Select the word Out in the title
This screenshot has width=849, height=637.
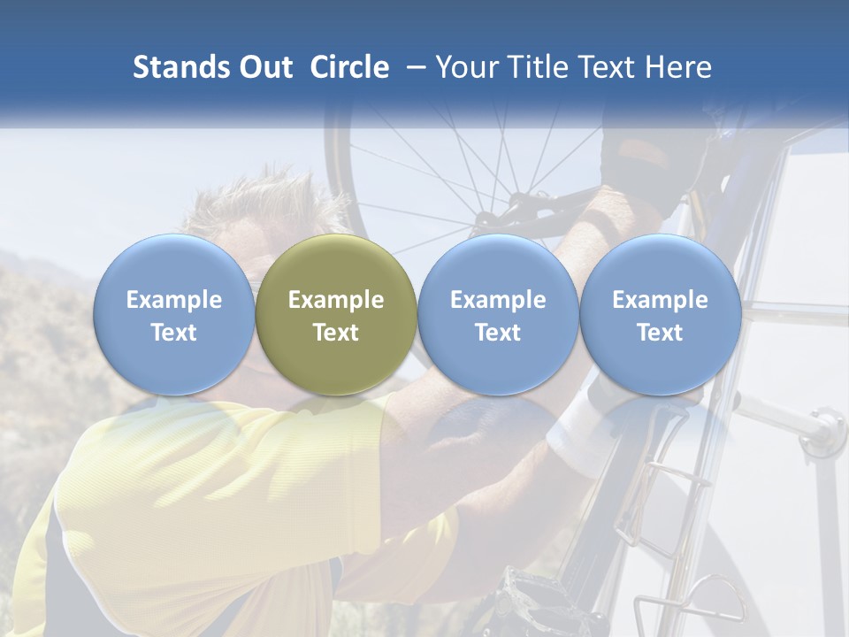click(266, 67)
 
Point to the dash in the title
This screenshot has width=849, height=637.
click(412, 67)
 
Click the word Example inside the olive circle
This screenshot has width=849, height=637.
click(336, 300)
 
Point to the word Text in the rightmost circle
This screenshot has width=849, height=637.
click(661, 333)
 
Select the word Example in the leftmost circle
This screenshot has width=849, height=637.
click(174, 300)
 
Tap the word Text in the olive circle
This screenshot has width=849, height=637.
click(336, 333)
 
